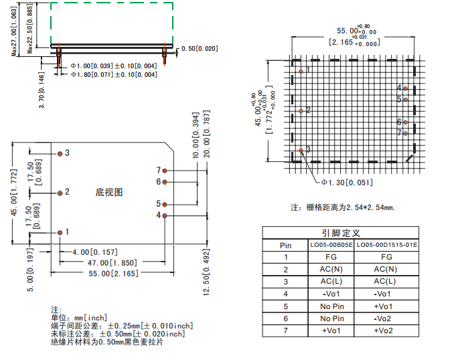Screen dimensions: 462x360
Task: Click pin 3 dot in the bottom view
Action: point(60,154)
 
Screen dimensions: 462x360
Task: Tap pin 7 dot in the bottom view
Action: point(165,171)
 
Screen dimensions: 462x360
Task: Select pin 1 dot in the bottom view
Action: point(60,233)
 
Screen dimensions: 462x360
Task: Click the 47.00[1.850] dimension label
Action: point(112,263)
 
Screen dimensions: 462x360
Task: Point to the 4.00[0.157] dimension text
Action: point(95,252)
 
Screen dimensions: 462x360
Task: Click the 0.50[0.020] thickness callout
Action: point(200,49)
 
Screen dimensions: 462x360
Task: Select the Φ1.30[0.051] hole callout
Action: point(347,183)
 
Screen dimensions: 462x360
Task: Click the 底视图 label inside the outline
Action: point(108,193)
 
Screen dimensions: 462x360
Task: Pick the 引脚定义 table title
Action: point(341,233)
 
